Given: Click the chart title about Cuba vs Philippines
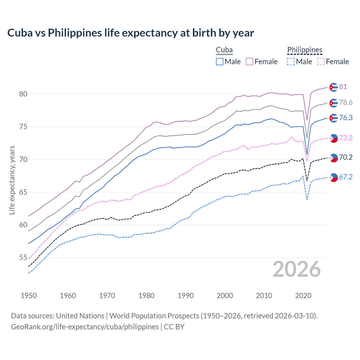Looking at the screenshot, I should tap(130, 33).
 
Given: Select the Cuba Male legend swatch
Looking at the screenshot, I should tap(220, 62).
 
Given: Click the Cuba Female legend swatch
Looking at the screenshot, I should tap(249, 62).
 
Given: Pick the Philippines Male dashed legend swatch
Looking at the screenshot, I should tap(291, 62).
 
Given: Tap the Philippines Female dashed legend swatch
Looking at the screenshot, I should tap(321, 62).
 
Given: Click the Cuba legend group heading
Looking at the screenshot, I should tap(224, 50).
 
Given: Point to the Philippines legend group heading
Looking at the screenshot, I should tap(305, 50).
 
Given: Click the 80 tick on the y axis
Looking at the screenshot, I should tap(23, 94).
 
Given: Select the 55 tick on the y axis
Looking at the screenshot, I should tap(23, 258).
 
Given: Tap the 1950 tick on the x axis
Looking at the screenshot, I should tap(29, 296).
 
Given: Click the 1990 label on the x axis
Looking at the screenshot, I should tap(186, 296).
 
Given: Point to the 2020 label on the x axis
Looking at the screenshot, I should tap(303, 296).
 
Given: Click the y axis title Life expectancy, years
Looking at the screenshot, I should tap(12, 180).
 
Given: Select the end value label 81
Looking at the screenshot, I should tap(343, 87).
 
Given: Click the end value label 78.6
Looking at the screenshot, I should tap(346, 103).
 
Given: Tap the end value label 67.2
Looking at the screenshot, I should tap(346, 177).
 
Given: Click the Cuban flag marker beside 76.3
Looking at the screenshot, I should tap(334, 118).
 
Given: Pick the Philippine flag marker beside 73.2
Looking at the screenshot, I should tap(334, 138).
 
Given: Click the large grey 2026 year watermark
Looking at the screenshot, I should tap(297, 269).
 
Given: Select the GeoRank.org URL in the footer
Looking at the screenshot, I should tap(85, 327).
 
